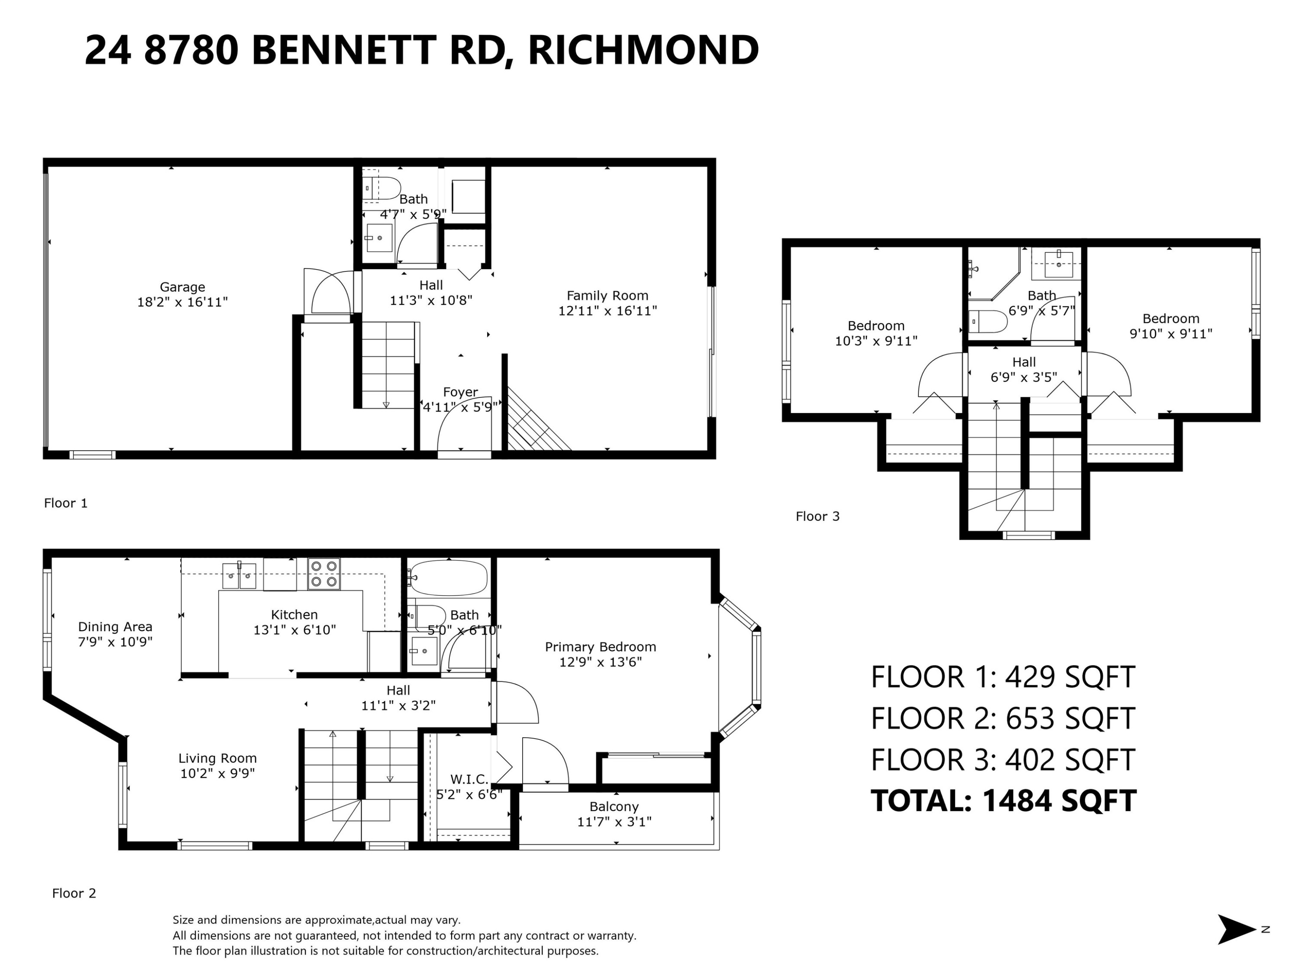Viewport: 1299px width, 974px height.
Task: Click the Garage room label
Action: pyautogui.click(x=183, y=287)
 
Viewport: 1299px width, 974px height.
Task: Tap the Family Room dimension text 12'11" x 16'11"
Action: pyautogui.click(x=607, y=310)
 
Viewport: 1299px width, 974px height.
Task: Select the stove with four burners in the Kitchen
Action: pyautogui.click(x=323, y=574)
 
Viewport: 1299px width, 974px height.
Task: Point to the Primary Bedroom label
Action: pyautogui.click(x=600, y=647)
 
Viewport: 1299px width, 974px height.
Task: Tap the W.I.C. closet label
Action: pyautogui.click(x=469, y=779)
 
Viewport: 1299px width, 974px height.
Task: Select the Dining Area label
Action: pyautogui.click(x=115, y=626)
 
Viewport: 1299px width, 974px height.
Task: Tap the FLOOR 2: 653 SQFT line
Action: pyautogui.click(x=1003, y=718)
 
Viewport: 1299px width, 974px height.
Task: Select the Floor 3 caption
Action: pyautogui.click(x=818, y=516)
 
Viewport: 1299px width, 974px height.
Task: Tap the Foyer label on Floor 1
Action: pyautogui.click(x=460, y=392)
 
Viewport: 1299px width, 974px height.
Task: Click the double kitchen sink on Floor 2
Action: pyautogui.click(x=239, y=576)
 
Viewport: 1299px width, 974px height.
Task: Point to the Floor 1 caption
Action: pyautogui.click(x=66, y=503)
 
